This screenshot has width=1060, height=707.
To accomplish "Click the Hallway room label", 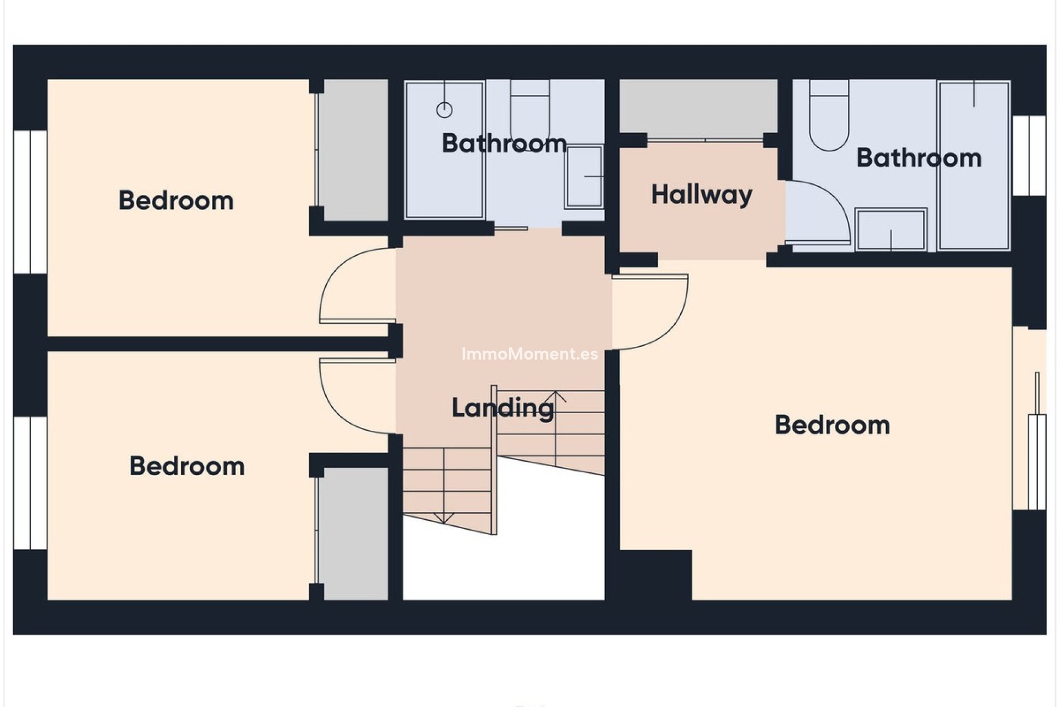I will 702,195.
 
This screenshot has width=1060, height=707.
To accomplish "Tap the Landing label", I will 502,408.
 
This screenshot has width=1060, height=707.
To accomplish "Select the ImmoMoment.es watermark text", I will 529,354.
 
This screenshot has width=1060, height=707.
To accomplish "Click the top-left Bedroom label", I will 176,201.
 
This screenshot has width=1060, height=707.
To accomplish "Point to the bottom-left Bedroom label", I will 187,466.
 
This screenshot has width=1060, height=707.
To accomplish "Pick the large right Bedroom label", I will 832,425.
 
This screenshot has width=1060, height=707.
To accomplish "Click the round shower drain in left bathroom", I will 444,110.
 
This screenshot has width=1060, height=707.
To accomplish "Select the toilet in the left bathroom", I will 529,110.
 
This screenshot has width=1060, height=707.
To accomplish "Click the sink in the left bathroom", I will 584,176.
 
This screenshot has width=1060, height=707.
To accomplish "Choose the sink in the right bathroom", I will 891,229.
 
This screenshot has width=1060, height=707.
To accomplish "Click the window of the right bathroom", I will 1029,156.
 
